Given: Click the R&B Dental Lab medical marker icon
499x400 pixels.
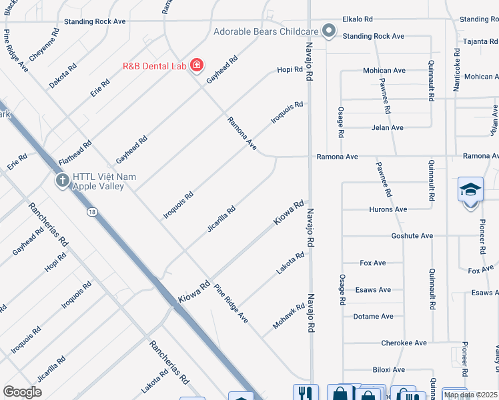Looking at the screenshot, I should pos(196,65).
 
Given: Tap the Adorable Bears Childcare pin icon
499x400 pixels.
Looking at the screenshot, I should pos(328,31).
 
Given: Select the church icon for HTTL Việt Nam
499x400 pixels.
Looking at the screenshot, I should pos(63,180).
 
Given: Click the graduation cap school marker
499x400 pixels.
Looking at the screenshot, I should pos(470,189).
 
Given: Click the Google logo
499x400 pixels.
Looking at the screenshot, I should pos(22,391).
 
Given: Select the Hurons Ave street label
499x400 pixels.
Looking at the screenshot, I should pos(388,209).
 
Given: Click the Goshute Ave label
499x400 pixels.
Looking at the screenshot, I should pos(412,236).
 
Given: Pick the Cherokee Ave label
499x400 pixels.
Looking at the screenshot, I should pos(404,343).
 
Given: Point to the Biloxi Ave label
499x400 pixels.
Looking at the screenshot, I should pos(388,370).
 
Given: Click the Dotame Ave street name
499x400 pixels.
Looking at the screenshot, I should pos(373,317).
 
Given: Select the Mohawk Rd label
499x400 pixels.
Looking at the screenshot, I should pos(289,316).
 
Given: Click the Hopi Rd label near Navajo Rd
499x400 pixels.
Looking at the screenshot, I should pos(290,70).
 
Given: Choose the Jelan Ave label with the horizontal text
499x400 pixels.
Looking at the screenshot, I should pos(388,127).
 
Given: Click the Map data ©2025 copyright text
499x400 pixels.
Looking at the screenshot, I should pos(470,395).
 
